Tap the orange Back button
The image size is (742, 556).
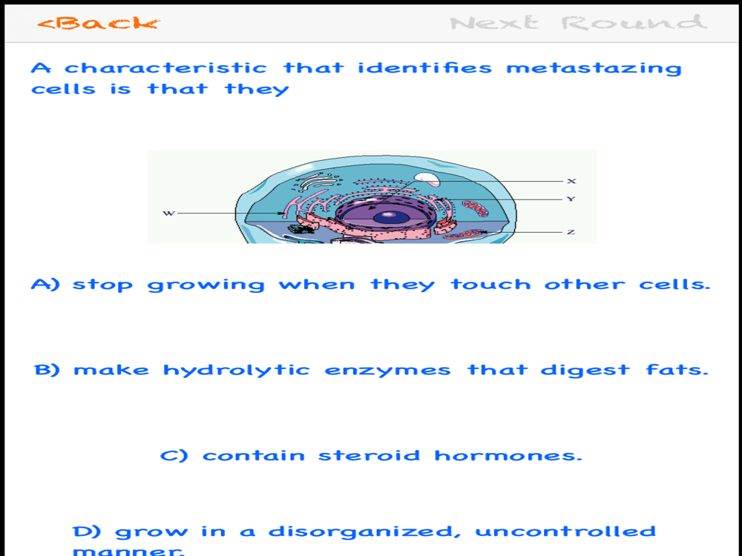pyautogui.click(x=99, y=23)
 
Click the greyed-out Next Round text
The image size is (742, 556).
pyautogui.click(x=578, y=23)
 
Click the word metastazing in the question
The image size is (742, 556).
pyautogui.click(x=594, y=68)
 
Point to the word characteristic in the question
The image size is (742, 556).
pyautogui.click(x=165, y=67)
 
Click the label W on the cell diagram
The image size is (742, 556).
pyautogui.click(x=169, y=214)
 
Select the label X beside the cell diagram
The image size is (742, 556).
pyautogui.click(x=571, y=181)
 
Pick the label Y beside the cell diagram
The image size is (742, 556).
pyautogui.click(x=571, y=199)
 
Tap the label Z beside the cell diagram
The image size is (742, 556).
pyautogui.click(x=571, y=231)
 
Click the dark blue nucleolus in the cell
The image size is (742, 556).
pyautogui.click(x=391, y=217)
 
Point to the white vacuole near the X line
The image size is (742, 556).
pyautogui.click(x=427, y=179)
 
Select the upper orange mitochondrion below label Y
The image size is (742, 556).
pyautogui.click(x=475, y=208)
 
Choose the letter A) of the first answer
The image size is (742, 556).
pyautogui.click(x=45, y=284)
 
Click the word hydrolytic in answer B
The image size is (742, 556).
pyautogui.click(x=237, y=370)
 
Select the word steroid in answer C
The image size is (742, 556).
pyautogui.click(x=369, y=455)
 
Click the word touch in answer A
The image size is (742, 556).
pyautogui.click(x=490, y=284)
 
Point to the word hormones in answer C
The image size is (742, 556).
pyautogui.click(x=508, y=455)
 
